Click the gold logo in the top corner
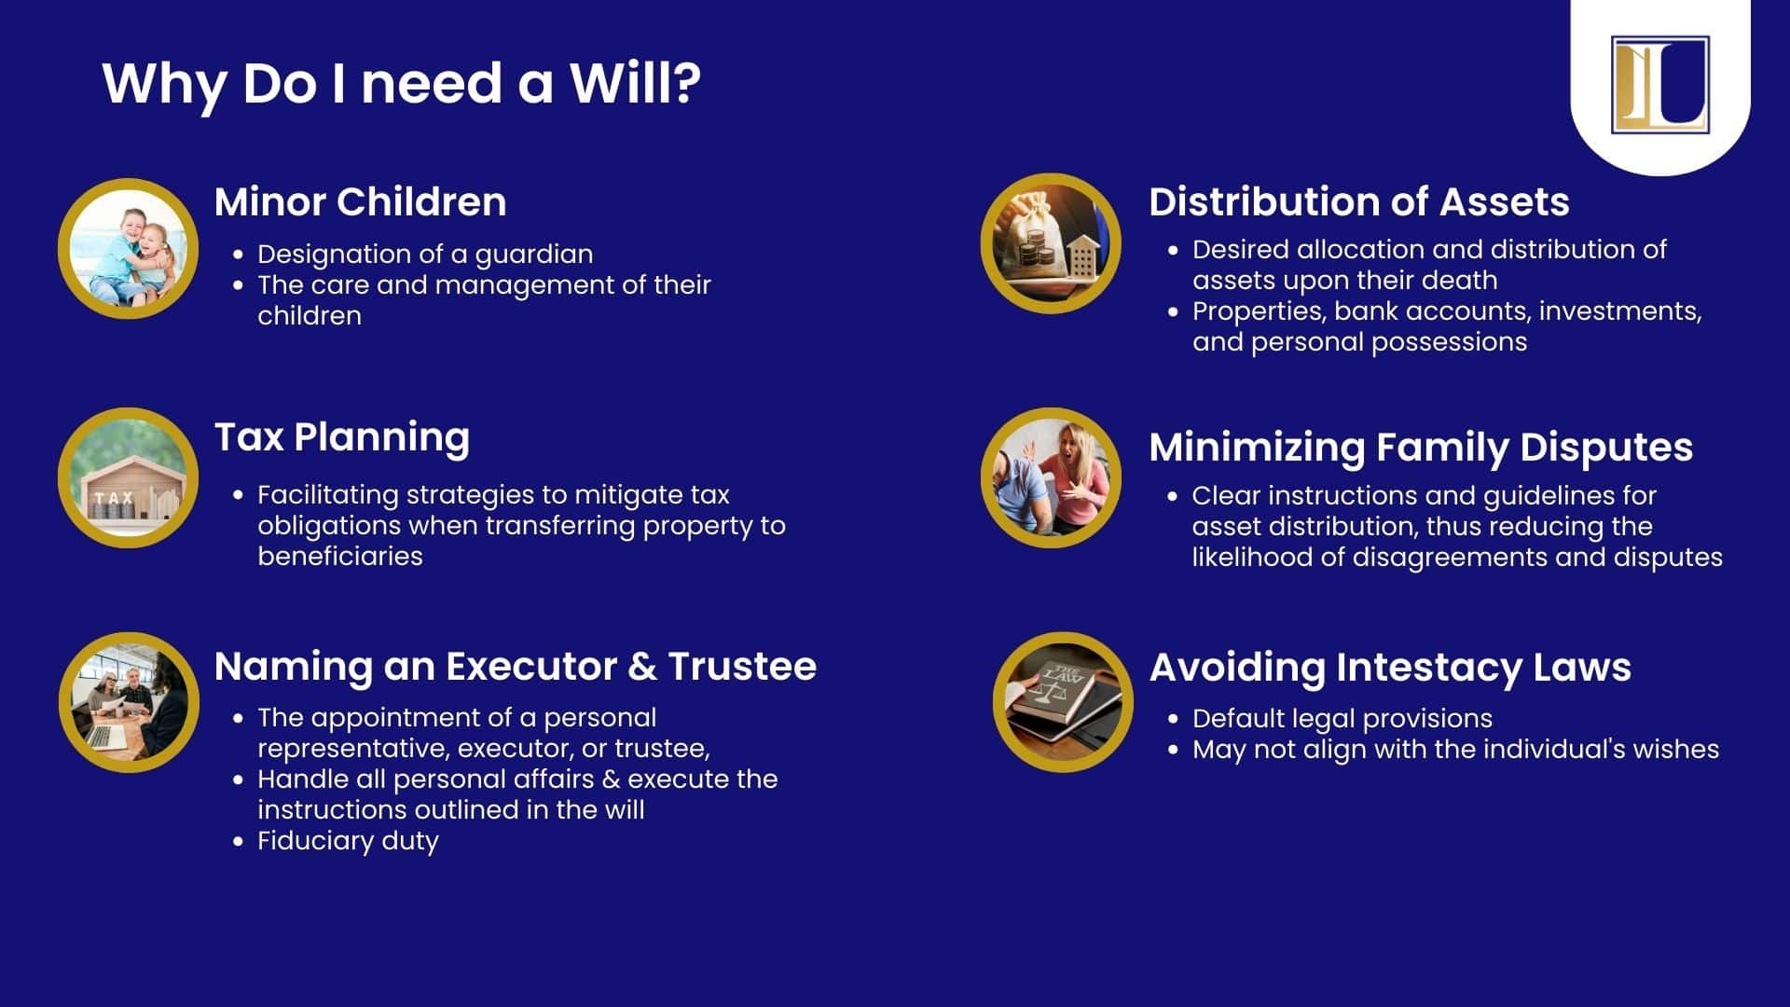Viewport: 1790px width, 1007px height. pyautogui.click(x=1659, y=85)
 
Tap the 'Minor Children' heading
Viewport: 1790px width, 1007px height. pyautogui.click(x=360, y=201)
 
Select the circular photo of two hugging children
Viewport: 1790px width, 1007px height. pyautogui.click(x=129, y=248)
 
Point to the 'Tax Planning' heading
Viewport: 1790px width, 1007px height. pyautogui.click(x=342, y=437)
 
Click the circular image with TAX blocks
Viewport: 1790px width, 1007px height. pyautogui.click(x=129, y=477)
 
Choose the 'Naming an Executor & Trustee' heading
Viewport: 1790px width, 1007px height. pyautogui.click(x=516, y=666)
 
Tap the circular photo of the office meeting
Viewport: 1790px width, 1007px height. pyautogui.click(x=129, y=702)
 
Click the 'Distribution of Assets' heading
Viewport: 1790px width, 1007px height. pyautogui.click(x=1359, y=201)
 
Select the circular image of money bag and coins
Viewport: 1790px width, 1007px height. pyautogui.click(x=1051, y=243)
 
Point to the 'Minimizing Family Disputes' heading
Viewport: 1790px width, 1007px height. pyautogui.click(x=1421, y=447)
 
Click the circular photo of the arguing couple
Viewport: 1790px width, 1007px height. pyautogui.click(x=1051, y=477)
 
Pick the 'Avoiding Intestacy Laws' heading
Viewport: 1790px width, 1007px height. pyautogui.click(x=1390, y=667)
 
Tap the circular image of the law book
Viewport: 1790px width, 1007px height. pyautogui.click(x=1063, y=702)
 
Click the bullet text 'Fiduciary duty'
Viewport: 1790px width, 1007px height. pyautogui.click(x=348, y=841)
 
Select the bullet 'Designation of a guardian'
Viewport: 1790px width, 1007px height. pyautogui.click(x=425, y=255)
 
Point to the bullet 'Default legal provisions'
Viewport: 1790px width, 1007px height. pyautogui.click(x=1342, y=719)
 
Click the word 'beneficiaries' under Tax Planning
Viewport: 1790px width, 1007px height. pyautogui.click(x=340, y=557)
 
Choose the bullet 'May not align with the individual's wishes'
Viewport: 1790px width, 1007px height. pyautogui.click(x=1455, y=750)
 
